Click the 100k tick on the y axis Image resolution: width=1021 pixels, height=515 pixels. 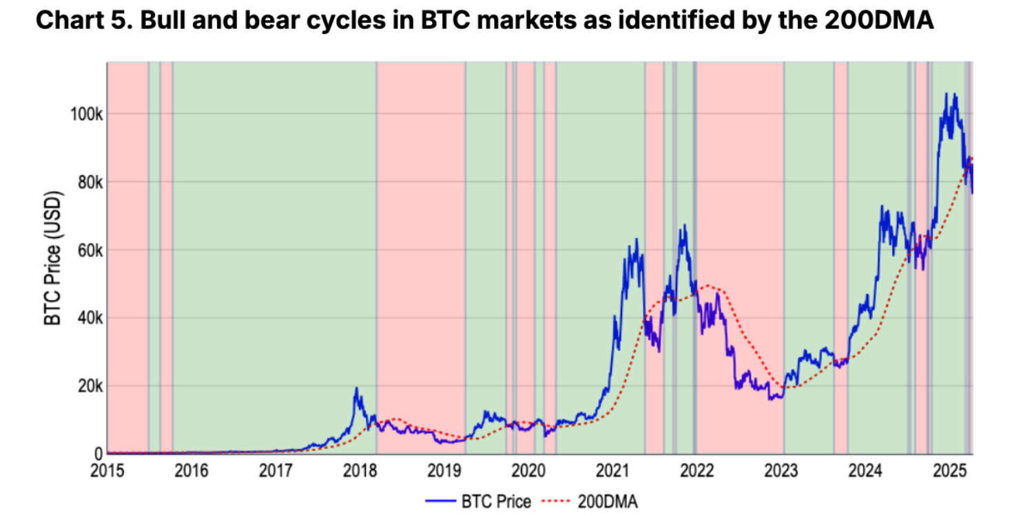click(87, 113)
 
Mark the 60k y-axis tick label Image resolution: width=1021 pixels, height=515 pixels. click(90, 250)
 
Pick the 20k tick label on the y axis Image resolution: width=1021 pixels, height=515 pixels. click(90, 386)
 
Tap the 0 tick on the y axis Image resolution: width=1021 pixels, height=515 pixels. click(99, 454)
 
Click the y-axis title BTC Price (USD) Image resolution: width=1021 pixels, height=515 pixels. click(53, 259)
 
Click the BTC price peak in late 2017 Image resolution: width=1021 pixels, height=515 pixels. click(356, 389)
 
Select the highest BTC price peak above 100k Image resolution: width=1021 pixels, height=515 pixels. click(945, 94)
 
